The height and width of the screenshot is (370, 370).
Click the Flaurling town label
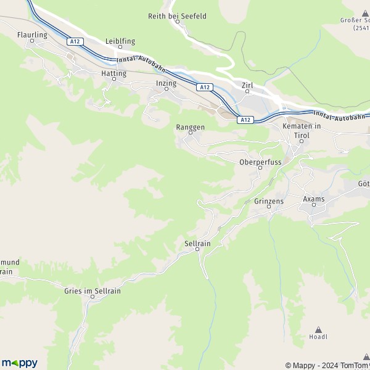tap(33, 35)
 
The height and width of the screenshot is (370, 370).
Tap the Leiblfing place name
tap(120, 41)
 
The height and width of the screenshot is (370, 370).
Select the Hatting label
tap(113, 73)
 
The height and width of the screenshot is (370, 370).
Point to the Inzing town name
tap(166, 83)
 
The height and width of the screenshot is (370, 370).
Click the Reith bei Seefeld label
tap(178, 16)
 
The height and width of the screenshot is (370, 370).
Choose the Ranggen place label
tap(190, 128)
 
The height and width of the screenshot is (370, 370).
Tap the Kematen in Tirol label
tap(302, 130)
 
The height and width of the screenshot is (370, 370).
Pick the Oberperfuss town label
tap(260, 162)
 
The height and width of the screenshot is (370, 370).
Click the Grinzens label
tap(269, 202)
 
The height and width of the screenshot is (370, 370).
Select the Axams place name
tap(313, 200)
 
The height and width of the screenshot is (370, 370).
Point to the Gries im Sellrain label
tap(92, 291)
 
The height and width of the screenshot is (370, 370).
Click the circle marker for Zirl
tap(248, 92)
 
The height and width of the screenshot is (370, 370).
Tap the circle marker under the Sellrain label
tap(197, 250)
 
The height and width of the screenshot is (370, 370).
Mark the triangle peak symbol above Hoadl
tap(318, 330)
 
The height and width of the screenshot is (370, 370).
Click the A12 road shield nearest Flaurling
tap(75, 41)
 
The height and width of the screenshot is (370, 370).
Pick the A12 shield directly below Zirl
tap(245, 120)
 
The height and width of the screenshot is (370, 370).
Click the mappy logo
tap(20, 363)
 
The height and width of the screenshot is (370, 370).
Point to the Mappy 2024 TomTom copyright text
tap(327, 365)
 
